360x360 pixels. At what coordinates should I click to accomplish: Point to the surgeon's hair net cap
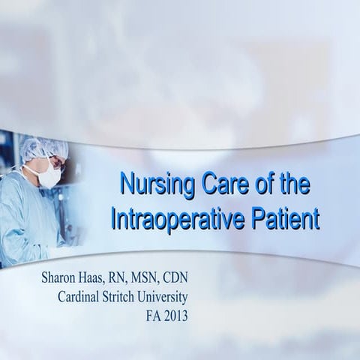click(41, 147)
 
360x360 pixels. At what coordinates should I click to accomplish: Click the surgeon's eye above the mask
click(55, 160)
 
